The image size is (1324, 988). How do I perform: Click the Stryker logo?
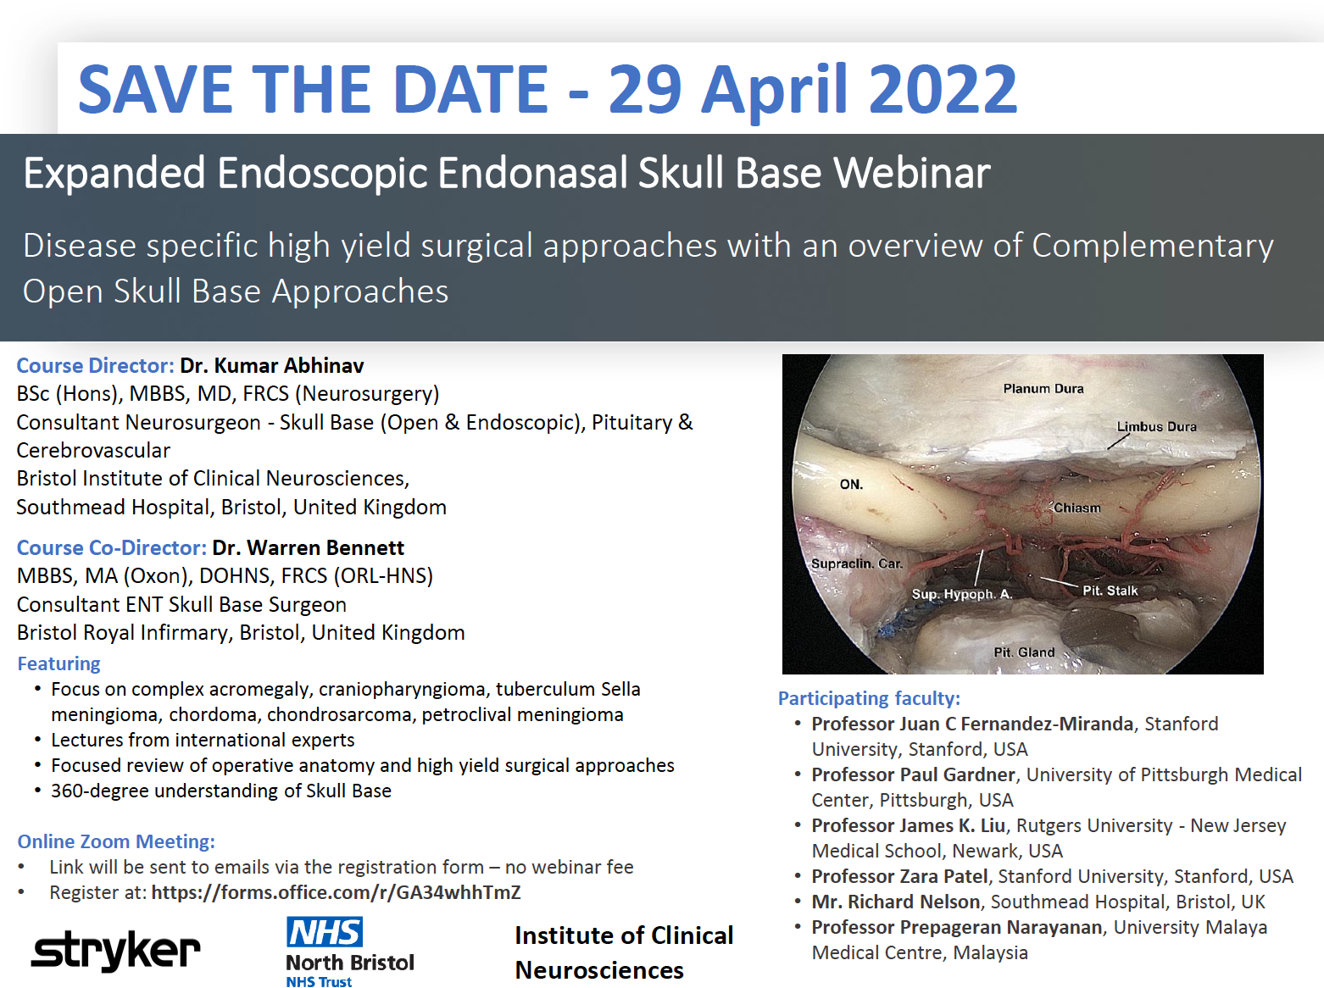(x=116, y=951)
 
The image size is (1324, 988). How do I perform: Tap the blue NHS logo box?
(x=324, y=932)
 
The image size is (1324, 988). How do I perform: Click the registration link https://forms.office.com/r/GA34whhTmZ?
(x=336, y=892)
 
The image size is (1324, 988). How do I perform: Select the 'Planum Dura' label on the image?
(x=1043, y=388)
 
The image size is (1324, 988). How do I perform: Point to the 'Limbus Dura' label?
(x=1156, y=426)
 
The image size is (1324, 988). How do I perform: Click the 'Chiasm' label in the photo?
(x=1076, y=508)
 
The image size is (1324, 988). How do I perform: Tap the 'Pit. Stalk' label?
(x=1110, y=590)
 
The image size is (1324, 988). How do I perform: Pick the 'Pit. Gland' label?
(x=1024, y=652)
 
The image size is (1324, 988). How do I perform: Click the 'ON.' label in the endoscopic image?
(x=851, y=484)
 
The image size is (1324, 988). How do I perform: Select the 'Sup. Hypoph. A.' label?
(x=961, y=593)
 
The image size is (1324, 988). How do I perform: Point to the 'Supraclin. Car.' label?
(x=856, y=563)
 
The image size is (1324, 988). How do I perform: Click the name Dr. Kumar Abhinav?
(x=271, y=365)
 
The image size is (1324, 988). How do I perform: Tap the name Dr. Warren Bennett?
(x=308, y=547)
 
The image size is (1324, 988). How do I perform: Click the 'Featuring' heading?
(x=58, y=663)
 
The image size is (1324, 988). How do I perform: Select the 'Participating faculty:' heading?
(x=869, y=698)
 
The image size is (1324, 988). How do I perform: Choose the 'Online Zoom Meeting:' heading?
(x=116, y=841)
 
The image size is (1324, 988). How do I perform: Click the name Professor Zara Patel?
(x=899, y=876)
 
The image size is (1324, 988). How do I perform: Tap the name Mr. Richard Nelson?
(x=896, y=902)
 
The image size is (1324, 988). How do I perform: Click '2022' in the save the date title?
(x=942, y=89)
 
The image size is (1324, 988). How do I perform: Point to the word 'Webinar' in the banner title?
(x=911, y=173)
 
